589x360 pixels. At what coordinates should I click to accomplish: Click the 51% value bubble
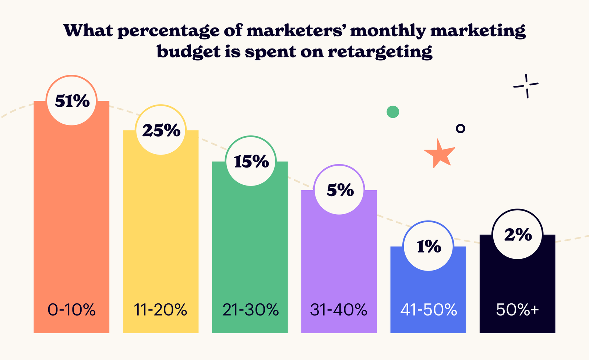point(72,100)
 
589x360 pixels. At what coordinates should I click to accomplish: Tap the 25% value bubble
point(161,130)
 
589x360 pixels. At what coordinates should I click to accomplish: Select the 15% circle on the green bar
point(251,161)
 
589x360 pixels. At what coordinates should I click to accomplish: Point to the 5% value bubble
point(339,190)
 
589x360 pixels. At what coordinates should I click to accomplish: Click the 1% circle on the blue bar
point(428,246)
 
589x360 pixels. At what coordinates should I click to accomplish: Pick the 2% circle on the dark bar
point(518,234)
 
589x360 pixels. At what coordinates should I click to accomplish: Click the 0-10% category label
point(72,310)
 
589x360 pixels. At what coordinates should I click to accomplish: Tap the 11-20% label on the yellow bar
point(161,310)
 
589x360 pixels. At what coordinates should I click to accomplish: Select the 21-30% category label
point(250,310)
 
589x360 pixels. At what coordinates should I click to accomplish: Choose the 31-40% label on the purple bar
point(339,310)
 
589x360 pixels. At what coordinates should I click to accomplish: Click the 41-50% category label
point(428,310)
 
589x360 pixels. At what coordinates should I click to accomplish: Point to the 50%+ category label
point(518,310)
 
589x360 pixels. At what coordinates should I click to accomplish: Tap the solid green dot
point(393,112)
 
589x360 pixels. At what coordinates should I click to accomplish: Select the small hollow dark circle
point(461,128)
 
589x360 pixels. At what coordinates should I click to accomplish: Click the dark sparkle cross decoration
point(526,86)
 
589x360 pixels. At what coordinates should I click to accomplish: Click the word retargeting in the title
point(380,52)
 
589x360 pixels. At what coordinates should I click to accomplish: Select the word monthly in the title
point(387,31)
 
